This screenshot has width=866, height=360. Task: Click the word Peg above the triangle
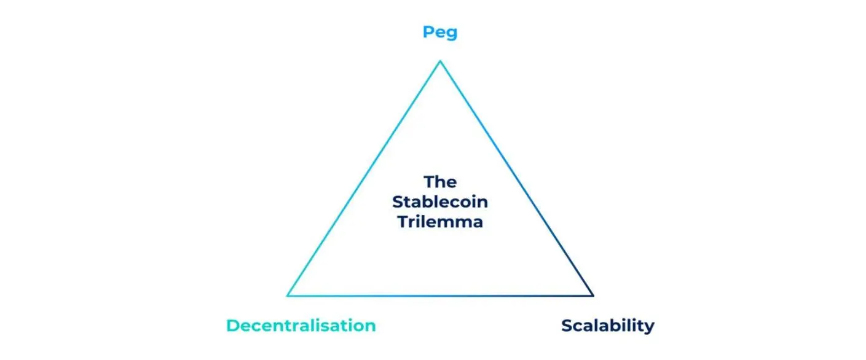440,33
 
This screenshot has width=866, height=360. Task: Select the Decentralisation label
301,326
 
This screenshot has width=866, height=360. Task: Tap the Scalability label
608,326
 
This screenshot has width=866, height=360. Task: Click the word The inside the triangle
440,182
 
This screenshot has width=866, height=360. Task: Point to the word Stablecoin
440,202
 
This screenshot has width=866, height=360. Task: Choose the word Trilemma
440,222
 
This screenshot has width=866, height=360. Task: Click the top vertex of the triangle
440,61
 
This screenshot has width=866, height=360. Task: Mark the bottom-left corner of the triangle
287,296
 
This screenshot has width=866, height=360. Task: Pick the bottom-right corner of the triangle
594,296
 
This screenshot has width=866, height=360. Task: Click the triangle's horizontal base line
440,296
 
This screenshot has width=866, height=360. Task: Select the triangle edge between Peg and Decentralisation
363,178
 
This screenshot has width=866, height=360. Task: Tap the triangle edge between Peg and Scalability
517,178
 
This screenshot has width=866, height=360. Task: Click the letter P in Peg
428,31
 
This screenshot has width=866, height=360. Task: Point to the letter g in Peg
452,34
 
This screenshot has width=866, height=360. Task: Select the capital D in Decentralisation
233,326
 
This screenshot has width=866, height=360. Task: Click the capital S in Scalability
567,326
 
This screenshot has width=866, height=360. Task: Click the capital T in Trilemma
403,222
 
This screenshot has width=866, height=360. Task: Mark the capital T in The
430,182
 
